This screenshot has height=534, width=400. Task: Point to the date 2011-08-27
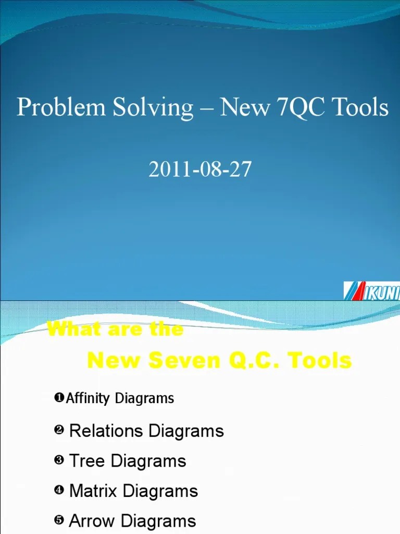click(200, 170)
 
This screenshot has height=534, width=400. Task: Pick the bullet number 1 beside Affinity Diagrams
click(58, 398)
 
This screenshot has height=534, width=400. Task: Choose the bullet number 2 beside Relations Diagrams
click(58, 431)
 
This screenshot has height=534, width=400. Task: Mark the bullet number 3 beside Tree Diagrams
click(58, 460)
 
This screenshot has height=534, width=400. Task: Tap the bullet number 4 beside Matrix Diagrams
click(58, 491)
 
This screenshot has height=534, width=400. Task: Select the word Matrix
click(93, 491)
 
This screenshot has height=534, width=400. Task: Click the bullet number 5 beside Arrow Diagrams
click(58, 520)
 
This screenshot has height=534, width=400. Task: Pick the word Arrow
click(92, 520)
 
